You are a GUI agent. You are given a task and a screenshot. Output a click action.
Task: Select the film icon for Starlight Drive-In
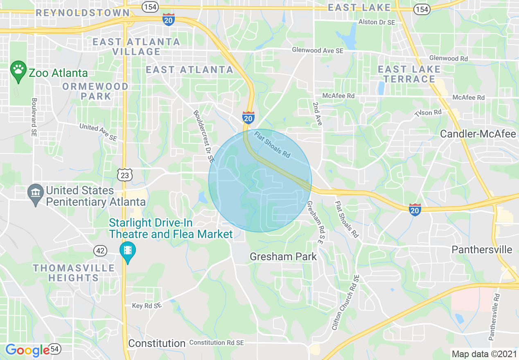(128, 249)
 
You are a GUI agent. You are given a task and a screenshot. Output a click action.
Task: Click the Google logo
(27, 350)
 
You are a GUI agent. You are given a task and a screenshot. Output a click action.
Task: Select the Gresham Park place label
(283, 256)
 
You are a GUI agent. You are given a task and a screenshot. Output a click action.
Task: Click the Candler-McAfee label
(478, 134)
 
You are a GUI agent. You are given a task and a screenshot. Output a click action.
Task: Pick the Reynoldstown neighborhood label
(82, 13)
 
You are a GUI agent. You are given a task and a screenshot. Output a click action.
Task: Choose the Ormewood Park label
(95, 91)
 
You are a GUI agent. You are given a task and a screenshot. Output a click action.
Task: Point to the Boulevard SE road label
(34, 117)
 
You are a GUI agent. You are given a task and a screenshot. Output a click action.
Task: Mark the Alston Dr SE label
(377, 22)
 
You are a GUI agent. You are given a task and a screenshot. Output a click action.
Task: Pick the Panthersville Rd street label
(494, 317)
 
